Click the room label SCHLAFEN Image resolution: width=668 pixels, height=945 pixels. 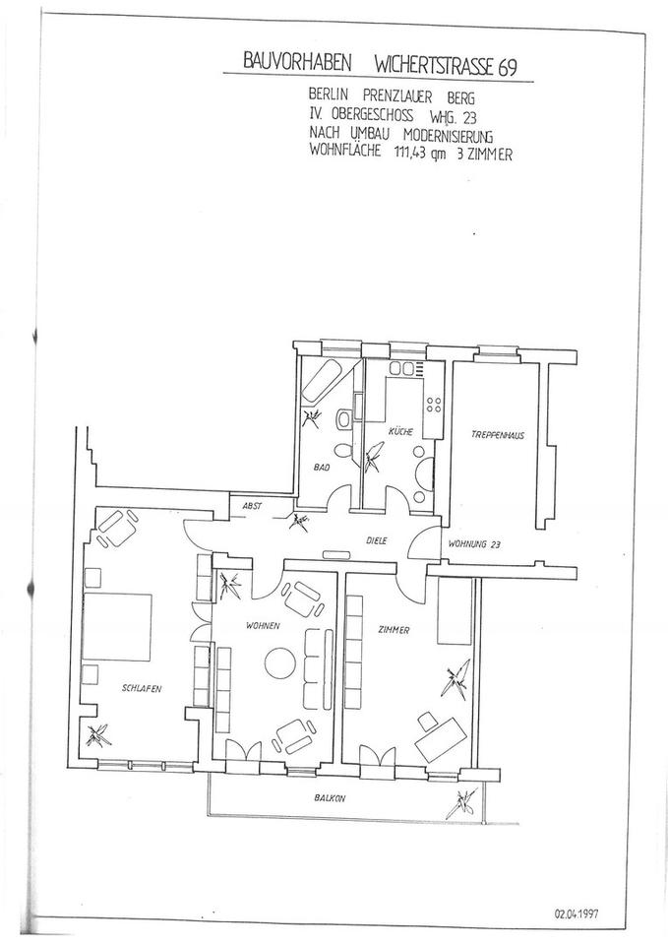pos(142,688)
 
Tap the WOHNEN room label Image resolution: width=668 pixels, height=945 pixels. pos(263,626)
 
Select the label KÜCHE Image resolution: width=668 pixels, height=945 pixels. pos(400,431)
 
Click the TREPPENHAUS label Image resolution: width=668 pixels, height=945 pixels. pos(498,434)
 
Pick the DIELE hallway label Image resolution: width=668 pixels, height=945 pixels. pos(377,540)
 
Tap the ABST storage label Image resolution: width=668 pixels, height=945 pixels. pos(252,506)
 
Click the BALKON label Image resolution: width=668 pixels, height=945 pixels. pos(330,798)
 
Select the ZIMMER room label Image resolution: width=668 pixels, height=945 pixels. pos(394,630)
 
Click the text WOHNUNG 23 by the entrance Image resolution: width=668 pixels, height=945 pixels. pos(475,544)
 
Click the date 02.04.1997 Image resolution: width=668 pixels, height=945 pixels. pos(577,913)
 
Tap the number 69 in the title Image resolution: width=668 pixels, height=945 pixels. pos(508,68)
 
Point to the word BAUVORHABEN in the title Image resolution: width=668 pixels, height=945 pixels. pos(296,62)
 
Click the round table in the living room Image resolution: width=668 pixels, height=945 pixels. pos(280,662)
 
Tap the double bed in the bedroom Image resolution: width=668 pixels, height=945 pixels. pos(117,627)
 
